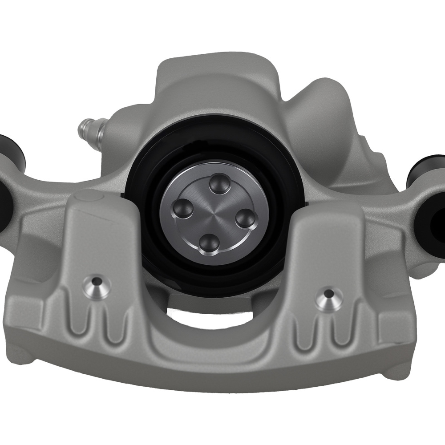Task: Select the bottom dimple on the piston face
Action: pos(208,243)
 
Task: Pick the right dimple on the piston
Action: pos(244,218)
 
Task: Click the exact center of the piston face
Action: pos(214,213)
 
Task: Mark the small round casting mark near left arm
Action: pos(82,196)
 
